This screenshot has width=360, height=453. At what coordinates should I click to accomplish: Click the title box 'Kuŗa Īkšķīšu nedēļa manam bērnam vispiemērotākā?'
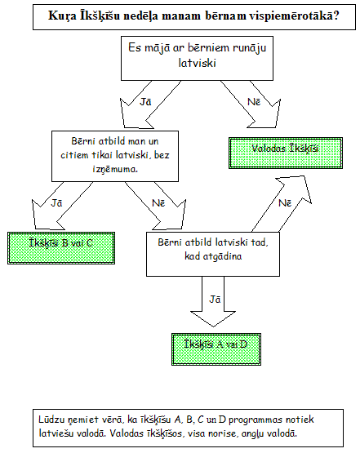[194, 17]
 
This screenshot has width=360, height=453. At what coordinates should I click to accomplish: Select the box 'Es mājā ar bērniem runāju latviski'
[197, 58]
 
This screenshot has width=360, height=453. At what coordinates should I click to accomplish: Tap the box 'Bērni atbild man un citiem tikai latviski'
[115, 156]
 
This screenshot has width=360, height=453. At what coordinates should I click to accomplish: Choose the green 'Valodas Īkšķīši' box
[286, 153]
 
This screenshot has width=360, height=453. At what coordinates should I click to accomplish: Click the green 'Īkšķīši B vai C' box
[61, 248]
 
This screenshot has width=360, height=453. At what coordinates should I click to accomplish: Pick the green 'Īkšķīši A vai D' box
[216, 349]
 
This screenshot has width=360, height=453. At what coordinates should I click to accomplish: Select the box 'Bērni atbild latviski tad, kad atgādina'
[213, 254]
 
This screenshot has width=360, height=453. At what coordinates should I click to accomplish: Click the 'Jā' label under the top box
[145, 102]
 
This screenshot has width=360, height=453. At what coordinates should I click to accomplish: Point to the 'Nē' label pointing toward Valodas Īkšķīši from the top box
[254, 102]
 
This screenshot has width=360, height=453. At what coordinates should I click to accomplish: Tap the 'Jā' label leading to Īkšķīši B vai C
[56, 202]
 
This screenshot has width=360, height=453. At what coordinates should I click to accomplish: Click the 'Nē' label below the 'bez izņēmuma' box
[158, 202]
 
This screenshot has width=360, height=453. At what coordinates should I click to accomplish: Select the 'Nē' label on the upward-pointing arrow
[285, 202]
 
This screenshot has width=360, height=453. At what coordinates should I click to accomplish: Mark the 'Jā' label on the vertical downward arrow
[215, 300]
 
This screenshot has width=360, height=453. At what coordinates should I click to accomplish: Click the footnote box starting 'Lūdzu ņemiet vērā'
[188, 428]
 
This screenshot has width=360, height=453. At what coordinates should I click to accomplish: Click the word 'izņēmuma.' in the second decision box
[115, 169]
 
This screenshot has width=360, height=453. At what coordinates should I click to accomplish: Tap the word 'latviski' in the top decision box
[197, 63]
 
